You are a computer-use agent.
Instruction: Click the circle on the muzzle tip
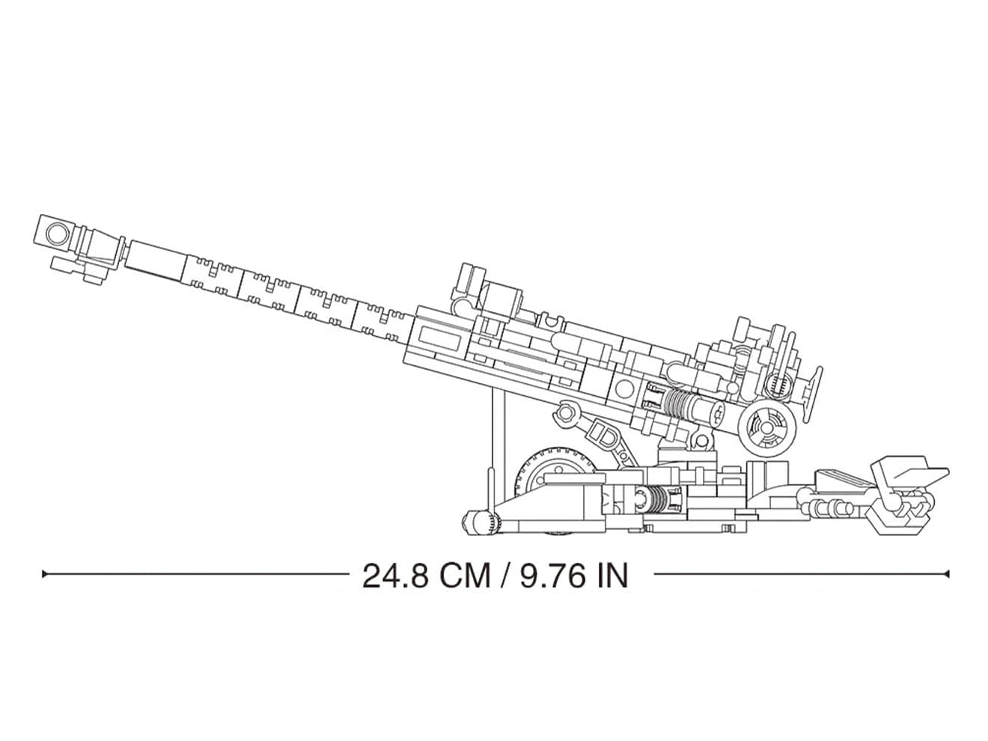click(58, 233)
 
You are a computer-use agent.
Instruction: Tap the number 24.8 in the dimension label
click(395, 576)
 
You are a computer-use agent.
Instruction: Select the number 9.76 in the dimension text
click(552, 576)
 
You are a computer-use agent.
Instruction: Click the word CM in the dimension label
click(465, 576)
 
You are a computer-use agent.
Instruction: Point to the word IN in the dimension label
click(612, 576)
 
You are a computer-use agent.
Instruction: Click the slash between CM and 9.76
click(505, 576)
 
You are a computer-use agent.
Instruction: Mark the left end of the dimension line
click(43, 574)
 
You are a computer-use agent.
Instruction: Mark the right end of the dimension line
click(948, 574)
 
